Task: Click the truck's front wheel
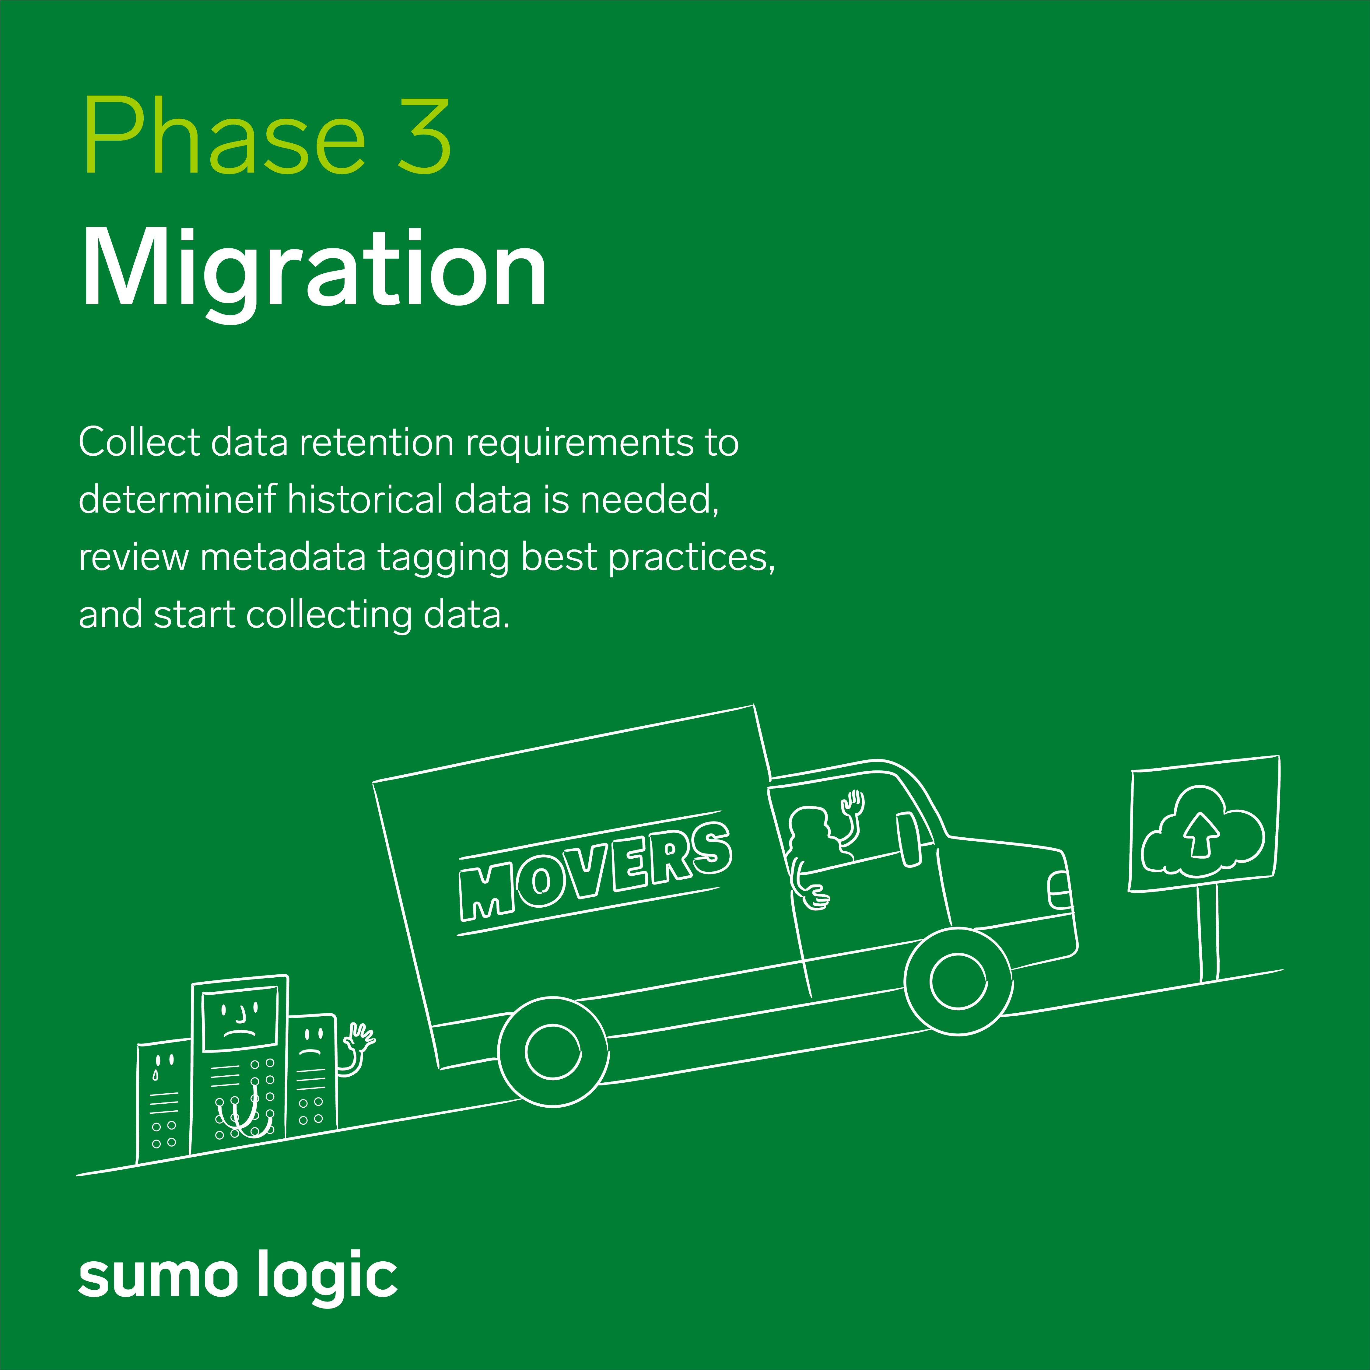[x=959, y=981]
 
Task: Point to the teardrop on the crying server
[x=155, y=1075]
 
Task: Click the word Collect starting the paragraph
[x=140, y=443]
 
